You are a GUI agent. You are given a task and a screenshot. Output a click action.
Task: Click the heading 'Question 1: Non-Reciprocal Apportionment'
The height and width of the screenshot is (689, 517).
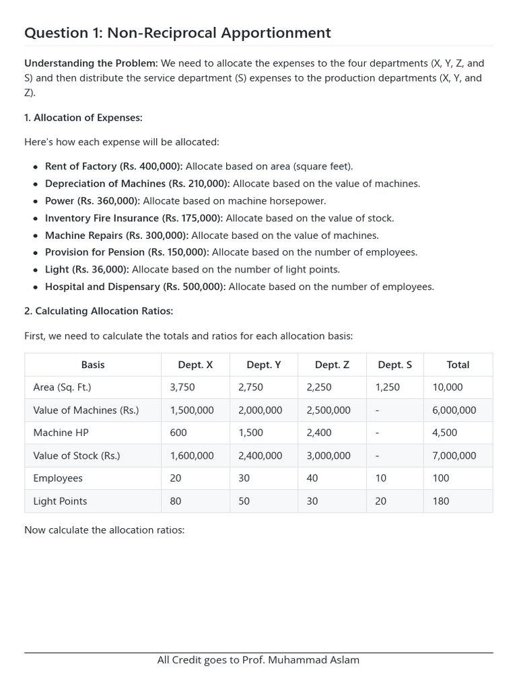tap(178, 33)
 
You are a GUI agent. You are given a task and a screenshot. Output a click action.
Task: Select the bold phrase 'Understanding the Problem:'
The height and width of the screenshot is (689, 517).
tap(91, 63)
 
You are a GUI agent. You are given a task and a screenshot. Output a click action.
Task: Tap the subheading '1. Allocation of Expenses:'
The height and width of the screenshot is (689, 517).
tap(83, 118)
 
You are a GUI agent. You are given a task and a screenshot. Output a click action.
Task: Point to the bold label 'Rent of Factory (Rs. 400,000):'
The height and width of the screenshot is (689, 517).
tap(114, 166)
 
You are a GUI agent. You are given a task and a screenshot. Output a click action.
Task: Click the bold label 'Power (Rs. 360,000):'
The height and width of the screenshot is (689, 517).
tap(92, 201)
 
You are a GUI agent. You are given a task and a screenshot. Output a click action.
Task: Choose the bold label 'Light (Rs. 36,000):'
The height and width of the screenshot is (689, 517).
tap(87, 269)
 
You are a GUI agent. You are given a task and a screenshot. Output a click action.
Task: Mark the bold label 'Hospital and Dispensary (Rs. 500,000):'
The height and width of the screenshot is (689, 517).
tap(135, 287)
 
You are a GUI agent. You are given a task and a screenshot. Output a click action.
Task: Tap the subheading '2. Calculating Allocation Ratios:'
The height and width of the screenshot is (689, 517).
tap(98, 311)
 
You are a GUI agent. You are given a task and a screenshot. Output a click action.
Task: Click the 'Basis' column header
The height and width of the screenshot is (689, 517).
tap(93, 365)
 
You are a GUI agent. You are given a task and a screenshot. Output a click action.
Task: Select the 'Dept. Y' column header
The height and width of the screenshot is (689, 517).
tap(264, 365)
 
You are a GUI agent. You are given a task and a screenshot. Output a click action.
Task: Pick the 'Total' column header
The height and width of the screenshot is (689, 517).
tap(458, 365)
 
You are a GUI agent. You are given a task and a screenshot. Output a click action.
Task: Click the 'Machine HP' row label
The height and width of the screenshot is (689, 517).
tap(61, 433)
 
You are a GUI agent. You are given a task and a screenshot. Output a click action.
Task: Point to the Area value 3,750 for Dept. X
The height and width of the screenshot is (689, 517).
tap(182, 388)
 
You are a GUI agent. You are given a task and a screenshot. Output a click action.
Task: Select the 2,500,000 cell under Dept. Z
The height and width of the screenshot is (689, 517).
tap(329, 410)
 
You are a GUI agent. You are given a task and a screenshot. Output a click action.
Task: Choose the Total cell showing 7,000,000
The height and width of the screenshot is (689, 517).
tap(454, 456)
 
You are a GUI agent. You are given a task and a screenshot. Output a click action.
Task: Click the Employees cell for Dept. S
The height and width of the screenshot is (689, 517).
tap(381, 478)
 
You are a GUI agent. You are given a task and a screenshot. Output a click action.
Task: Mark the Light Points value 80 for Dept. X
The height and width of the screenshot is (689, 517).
tap(176, 501)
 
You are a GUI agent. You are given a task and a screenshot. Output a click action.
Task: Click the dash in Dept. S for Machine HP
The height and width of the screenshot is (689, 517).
tap(378, 433)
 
